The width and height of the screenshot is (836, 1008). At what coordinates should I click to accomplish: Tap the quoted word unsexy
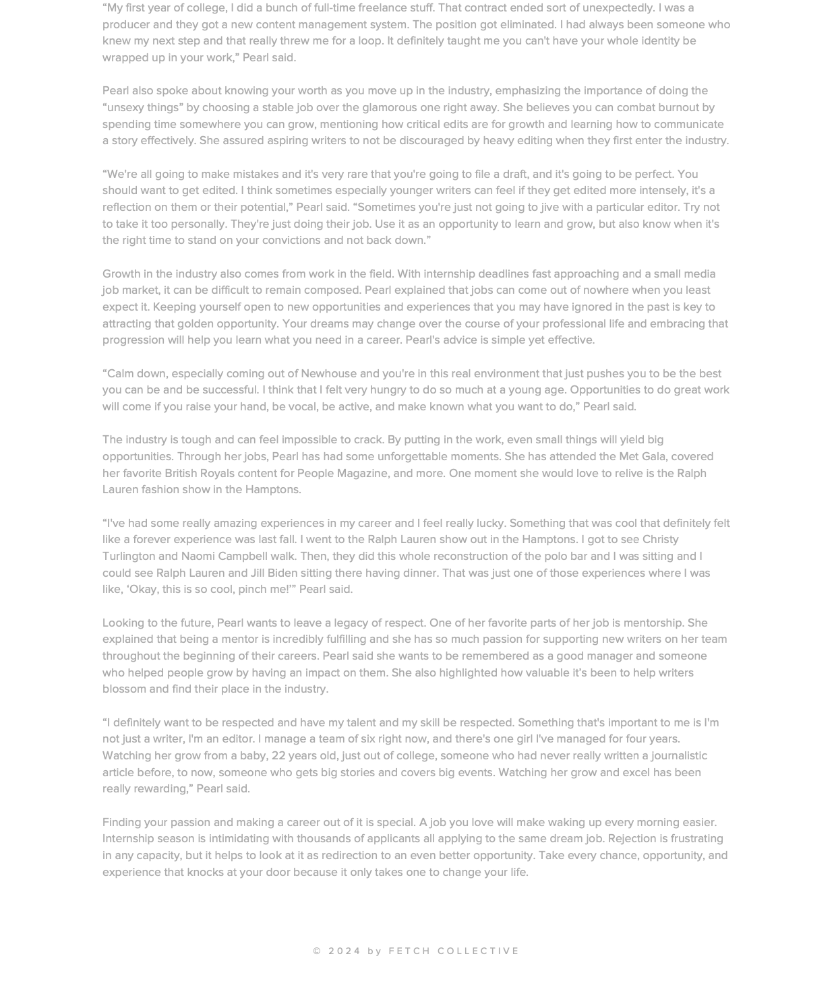127,107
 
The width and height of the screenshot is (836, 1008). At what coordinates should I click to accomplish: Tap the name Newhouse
328,373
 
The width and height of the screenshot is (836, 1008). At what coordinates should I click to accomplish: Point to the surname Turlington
129,556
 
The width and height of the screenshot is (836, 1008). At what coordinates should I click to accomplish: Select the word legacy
351,623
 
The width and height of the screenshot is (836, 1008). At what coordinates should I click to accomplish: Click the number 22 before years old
278,755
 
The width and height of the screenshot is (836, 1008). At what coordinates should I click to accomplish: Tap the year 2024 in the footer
345,951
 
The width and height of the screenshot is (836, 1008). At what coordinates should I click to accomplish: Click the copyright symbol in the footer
318,951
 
